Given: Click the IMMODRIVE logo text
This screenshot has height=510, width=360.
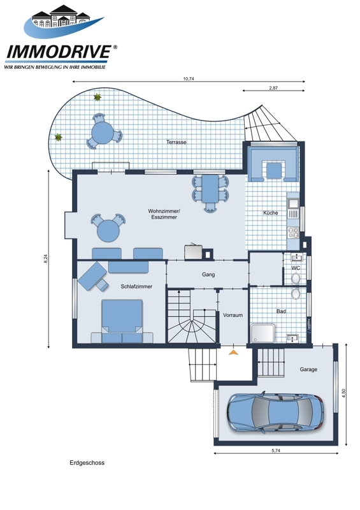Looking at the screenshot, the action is click(59, 52).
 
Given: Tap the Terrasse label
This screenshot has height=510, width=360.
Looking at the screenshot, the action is click(176, 142).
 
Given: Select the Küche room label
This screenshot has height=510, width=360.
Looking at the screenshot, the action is click(271, 213).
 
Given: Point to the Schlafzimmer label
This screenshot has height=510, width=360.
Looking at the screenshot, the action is click(136, 286).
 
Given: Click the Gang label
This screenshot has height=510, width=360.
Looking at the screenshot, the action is click(208, 275).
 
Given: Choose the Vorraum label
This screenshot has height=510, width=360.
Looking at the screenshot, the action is click(233, 315).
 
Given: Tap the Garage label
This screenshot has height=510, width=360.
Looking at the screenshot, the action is click(308, 369).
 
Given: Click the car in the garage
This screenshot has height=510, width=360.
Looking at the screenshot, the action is click(275, 412).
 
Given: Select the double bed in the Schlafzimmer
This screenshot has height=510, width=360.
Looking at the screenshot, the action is click(122, 321).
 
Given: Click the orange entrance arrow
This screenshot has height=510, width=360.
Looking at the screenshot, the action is click(233, 352).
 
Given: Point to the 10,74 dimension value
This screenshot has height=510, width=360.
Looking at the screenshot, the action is click(189, 78).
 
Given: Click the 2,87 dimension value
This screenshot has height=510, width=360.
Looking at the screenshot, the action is click(273, 88).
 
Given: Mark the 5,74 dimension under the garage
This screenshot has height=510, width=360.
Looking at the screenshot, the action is click(276, 451).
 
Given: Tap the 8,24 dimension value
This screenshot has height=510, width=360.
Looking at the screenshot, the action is click(46, 259).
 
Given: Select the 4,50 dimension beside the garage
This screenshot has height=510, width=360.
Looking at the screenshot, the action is click(343, 393).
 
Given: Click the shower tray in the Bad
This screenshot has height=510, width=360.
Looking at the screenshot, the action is click(263, 333).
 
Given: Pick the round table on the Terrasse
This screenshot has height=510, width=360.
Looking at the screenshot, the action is click(103, 133).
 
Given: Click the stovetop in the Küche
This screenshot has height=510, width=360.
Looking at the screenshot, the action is click(293, 233).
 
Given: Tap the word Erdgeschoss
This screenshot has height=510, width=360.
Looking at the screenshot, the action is click(87, 463).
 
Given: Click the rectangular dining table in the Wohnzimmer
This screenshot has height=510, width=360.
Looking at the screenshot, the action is click(210, 188).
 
